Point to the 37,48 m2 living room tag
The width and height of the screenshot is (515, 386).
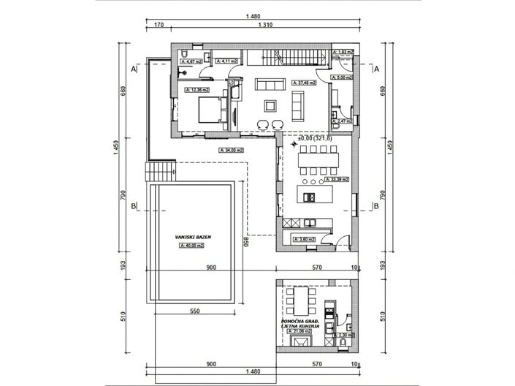303,83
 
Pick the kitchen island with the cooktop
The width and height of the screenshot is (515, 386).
316,195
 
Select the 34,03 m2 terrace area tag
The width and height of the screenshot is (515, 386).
231,150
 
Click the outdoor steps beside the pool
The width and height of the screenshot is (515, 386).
161,172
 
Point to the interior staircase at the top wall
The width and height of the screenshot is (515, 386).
288,56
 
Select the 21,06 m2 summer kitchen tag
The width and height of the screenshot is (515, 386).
300,331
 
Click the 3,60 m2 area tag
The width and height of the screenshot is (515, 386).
303,239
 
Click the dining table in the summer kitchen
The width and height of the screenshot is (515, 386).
301,299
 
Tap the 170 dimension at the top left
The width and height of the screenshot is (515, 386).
157,24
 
